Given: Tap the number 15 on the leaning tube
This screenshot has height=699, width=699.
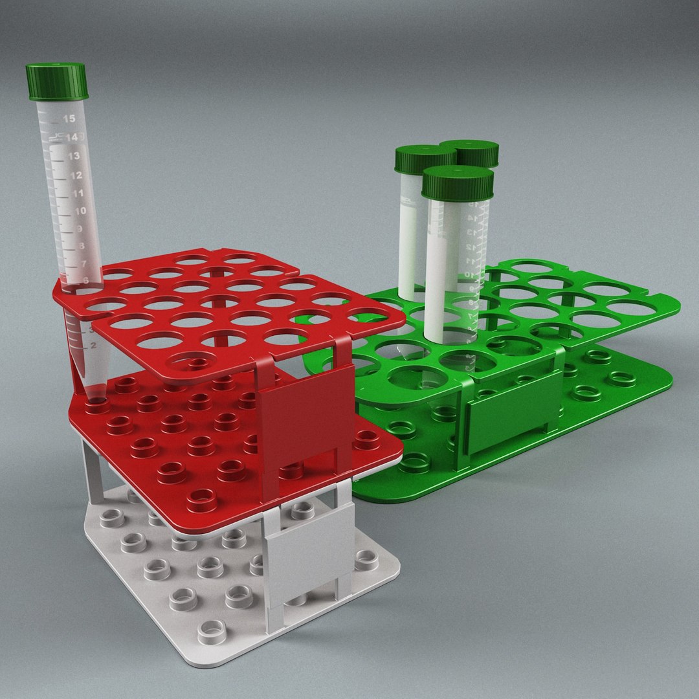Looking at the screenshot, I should (x=69, y=118).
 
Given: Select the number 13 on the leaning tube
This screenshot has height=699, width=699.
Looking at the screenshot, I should (x=74, y=156).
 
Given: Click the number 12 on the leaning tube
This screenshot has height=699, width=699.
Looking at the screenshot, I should (x=76, y=175).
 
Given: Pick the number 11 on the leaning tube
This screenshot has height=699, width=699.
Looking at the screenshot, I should (x=78, y=194).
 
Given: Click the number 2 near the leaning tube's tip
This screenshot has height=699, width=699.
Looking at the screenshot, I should (x=94, y=346).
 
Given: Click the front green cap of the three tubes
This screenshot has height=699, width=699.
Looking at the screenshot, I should (x=458, y=183).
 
